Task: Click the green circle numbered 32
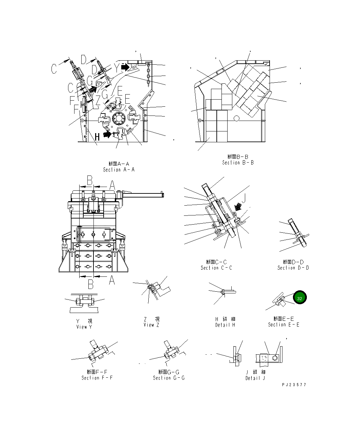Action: [x=300, y=298]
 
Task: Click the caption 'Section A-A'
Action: [x=119, y=169]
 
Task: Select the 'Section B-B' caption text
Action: [x=238, y=163]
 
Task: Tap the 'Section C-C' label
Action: [x=216, y=268]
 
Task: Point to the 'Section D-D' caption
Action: [x=293, y=268]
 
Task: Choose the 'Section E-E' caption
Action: [x=283, y=325]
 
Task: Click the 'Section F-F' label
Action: [x=97, y=378]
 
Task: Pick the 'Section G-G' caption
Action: [x=169, y=378]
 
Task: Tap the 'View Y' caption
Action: [x=84, y=327]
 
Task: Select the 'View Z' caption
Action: [x=151, y=325]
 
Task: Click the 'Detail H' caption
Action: [x=225, y=325]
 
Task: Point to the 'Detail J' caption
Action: [x=255, y=378]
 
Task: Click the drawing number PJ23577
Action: [x=294, y=385]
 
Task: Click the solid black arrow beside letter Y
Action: [x=125, y=67]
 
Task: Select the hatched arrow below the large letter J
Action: [x=239, y=206]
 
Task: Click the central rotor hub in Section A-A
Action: [x=119, y=119]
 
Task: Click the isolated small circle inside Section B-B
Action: [x=237, y=118]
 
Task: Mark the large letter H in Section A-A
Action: [x=97, y=137]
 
